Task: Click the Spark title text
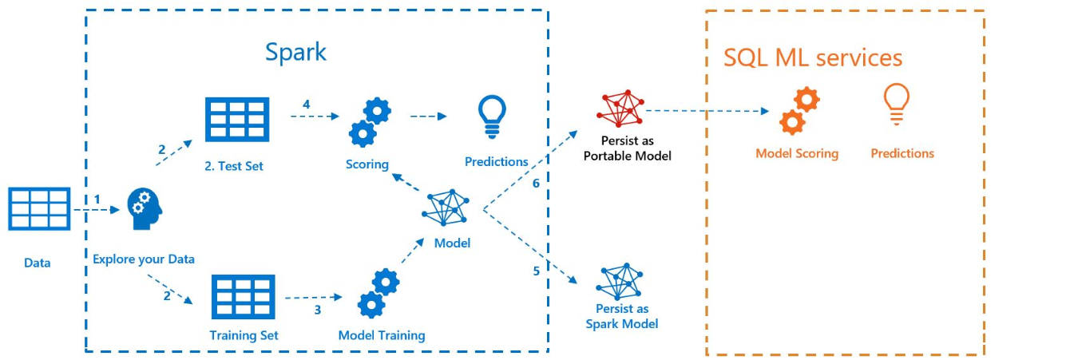point(295,53)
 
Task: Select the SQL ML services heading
point(813,57)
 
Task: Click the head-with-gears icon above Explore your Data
point(145,209)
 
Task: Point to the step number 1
point(97,198)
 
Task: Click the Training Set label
point(244,335)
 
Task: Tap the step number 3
point(317,310)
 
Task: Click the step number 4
point(306,105)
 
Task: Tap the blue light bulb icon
point(492,117)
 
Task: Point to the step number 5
point(537,271)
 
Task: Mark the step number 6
point(537,183)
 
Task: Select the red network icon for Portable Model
point(622,109)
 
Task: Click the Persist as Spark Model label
point(622,316)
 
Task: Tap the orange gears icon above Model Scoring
point(799,112)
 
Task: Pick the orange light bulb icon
point(896,105)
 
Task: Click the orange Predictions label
point(902,153)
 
